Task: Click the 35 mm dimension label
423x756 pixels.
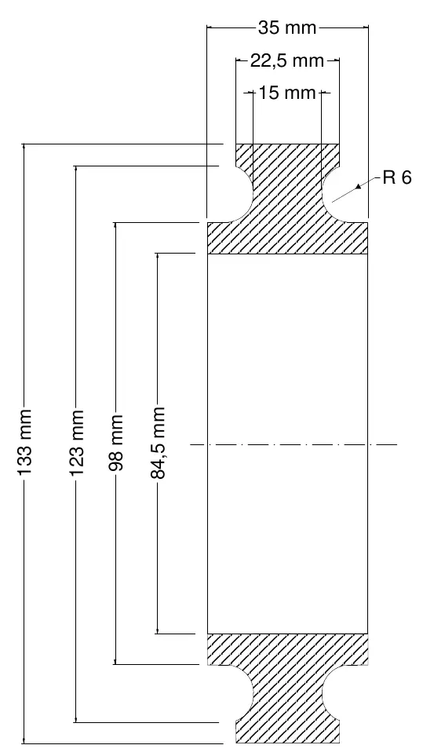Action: [287, 28]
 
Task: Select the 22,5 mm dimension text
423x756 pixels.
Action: [287, 60]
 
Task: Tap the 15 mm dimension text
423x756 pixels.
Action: [287, 92]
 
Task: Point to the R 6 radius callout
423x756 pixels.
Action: [397, 178]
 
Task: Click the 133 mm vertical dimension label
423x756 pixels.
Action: [24, 443]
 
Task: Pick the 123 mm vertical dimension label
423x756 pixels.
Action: [76, 443]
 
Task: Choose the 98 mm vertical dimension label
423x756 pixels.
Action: [115, 442]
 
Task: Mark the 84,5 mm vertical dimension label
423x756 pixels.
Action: [158, 443]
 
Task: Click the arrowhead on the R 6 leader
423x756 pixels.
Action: [358, 186]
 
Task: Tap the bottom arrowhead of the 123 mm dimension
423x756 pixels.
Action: [76, 719]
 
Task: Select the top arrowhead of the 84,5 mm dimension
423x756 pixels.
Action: [158, 257]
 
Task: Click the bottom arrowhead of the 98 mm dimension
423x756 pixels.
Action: [115, 661]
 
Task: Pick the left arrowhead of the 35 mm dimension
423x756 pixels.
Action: [210, 28]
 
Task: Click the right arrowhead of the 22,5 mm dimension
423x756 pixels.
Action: [336, 60]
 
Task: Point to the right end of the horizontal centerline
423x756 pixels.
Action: [397, 444]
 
